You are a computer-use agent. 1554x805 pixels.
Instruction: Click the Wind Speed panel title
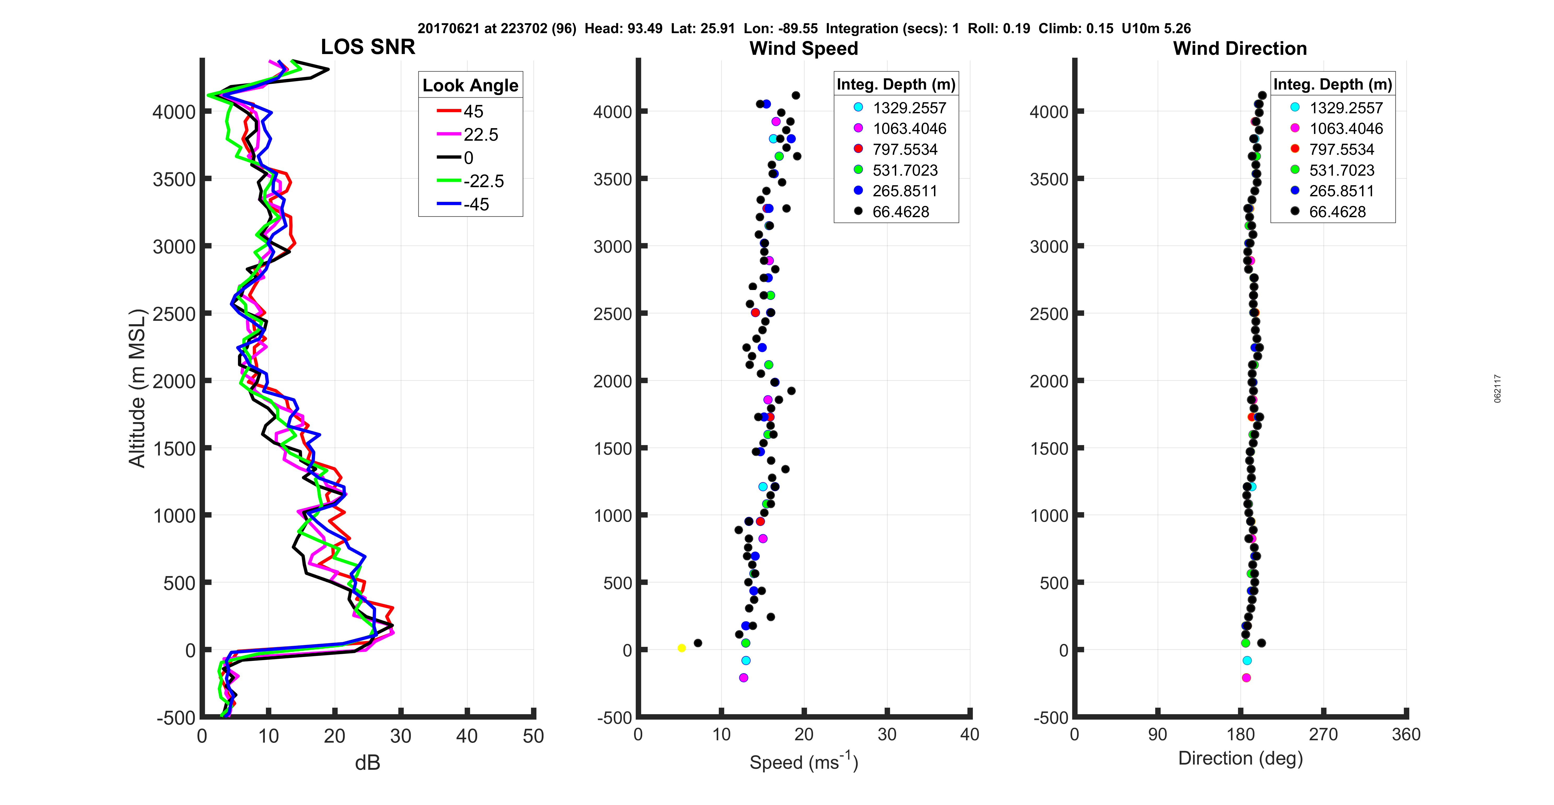point(804,48)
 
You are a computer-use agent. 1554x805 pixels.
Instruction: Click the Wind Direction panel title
point(1240,48)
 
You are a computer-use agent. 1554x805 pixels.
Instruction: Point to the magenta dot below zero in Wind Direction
point(1246,678)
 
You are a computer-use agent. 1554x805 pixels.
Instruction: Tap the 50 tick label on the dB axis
point(533,736)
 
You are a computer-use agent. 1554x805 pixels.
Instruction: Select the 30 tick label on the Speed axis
point(887,735)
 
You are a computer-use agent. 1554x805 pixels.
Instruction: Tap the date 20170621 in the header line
point(448,28)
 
